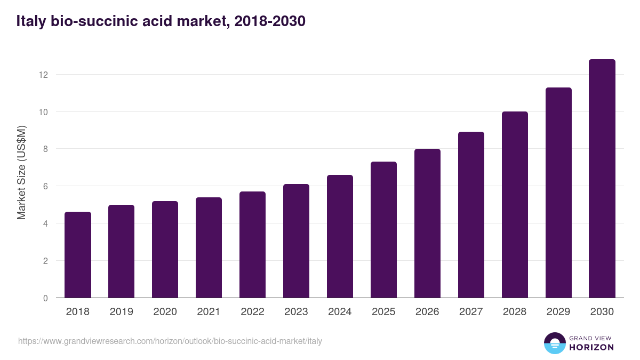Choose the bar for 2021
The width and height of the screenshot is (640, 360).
coord(209,247)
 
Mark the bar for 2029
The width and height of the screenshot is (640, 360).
coord(558,193)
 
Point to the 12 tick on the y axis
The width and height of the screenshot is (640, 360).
coord(43,75)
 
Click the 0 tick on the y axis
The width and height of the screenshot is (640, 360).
coord(45,298)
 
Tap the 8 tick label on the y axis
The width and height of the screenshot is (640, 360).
coord(45,149)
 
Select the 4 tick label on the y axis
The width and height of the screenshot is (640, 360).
coord(45,223)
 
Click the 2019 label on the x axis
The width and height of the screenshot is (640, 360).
coord(122,312)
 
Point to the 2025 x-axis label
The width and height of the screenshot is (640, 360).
coord(383,312)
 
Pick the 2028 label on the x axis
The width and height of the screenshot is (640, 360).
coord(515,312)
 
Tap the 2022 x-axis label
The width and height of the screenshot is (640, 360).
coord(252,312)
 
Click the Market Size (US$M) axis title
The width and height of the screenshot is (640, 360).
coord(22,172)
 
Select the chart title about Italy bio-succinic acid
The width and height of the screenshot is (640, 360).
coord(161,21)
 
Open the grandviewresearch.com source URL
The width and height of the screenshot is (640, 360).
coord(170,341)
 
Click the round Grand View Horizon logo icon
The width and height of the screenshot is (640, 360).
coord(554,343)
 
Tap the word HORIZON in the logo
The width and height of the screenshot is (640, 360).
coord(591,347)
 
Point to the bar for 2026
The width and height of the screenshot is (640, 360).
coord(427,223)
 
